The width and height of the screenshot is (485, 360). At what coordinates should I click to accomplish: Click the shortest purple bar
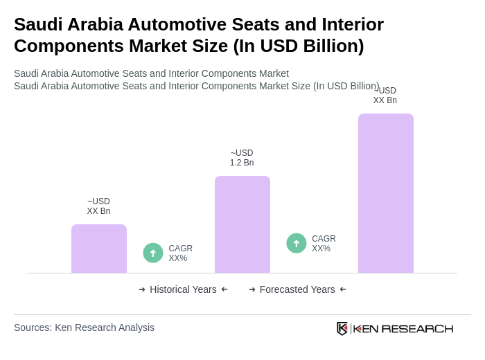point(99,249)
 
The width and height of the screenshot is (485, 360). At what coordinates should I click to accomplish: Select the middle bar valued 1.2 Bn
point(242,224)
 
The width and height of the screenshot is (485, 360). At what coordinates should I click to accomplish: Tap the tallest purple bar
point(386,193)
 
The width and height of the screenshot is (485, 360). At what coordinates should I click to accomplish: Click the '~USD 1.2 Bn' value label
point(242,158)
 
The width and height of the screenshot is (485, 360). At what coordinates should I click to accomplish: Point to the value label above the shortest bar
point(98,206)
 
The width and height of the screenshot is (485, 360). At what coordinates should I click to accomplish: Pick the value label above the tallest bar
point(385,96)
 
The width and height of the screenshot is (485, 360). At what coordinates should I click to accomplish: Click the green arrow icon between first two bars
point(153,253)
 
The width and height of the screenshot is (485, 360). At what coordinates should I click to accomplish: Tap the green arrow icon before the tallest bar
point(297,244)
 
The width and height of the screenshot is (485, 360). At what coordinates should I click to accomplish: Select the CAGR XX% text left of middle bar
point(180,253)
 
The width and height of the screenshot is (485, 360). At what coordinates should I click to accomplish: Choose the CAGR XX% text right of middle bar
point(324,244)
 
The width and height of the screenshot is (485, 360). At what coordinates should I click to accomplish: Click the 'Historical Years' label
point(183,289)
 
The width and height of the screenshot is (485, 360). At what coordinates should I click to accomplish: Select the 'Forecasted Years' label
point(297,289)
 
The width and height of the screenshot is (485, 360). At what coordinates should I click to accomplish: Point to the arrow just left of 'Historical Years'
point(142,289)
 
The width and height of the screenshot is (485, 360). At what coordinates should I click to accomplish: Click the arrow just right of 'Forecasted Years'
point(343,289)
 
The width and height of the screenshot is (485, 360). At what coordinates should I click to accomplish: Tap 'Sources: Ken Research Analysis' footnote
point(84,327)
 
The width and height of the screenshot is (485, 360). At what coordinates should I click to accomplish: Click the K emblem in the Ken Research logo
point(342,328)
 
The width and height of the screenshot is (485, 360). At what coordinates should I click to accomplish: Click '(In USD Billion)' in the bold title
point(299,46)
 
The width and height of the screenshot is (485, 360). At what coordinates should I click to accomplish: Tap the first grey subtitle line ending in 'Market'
point(151,73)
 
